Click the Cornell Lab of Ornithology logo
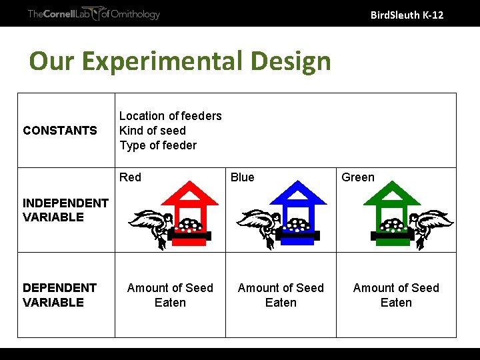[x=93, y=14]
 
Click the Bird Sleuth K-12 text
[x=407, y=15]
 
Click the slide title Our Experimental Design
[x=180, y=61]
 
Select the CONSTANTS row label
[x=60, y=131]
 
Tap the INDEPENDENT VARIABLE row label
[x=65, y=210]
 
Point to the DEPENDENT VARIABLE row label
[x=60, y=295]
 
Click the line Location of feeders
[x=170, y=116]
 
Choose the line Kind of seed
[x=153, y=131]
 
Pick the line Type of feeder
[x=158, y=145]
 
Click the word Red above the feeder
[x=130, y=177]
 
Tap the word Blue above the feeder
[x=242, y=177]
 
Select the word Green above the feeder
[x=358, y=177]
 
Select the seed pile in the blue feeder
[x=298, y=225]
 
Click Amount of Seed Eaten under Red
[x=170, y=295]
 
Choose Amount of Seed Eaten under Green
[x=396, y=295]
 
